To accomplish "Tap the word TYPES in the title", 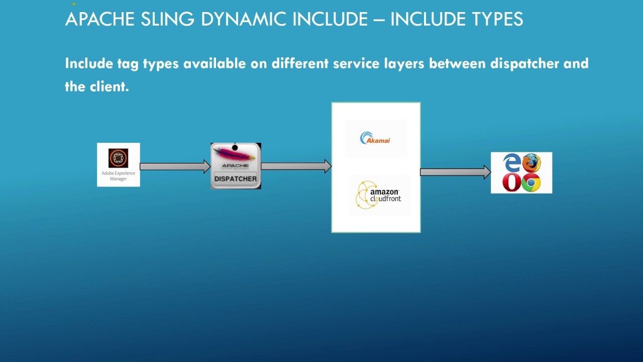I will (x=490, y=19).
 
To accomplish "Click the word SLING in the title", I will (x=168, y=19).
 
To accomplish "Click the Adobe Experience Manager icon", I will (x=118, y=158).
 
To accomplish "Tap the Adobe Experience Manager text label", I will (x=118, y=176).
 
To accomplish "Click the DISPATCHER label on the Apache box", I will (x=236, y=178).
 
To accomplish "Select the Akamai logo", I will (x=375, y=138).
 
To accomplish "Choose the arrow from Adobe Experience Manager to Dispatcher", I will (x=175, y=166).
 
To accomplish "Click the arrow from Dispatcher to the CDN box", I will (x=296, y=166).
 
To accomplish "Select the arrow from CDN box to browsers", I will (x=455, y=172).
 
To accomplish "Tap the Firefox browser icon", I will (x=531, y=163).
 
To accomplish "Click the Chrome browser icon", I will (x=531, y=183).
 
